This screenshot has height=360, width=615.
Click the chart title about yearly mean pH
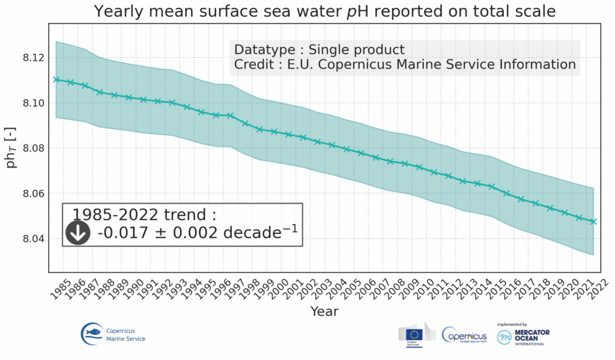pyautogui.click(x=324, y=11)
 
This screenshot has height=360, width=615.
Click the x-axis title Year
pyautogui.click(x=324, y=311)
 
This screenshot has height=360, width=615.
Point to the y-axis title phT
pyautogui.click(x=11, y=148)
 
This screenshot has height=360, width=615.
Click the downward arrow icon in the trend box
pyautogui.click(x=77, y=233)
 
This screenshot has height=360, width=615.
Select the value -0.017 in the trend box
pyautogui.click(x=123, y=233)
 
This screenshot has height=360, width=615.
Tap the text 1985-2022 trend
pyautogui.click(x=144, y=215)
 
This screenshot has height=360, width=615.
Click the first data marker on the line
pyautogui.click(x=56, y=79)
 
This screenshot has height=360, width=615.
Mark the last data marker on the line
pyautogui.click(x=593, y=221)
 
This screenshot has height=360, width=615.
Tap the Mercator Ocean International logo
pyautogui.click(x=523, y=335)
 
